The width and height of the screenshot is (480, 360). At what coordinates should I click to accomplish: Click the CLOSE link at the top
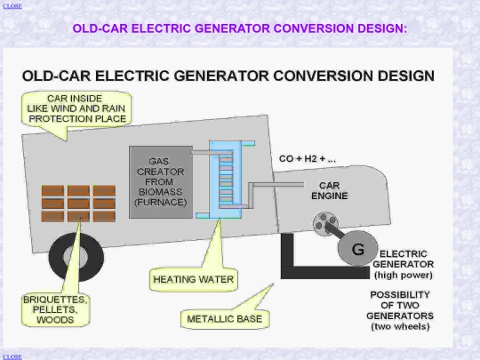click(12, 6)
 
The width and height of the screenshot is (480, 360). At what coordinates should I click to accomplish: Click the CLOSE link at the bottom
click(12, 356)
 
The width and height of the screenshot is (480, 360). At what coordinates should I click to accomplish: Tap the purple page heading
click(240, 28)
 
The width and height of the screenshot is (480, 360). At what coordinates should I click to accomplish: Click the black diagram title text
click(228, 76)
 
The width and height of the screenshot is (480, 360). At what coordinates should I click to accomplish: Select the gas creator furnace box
click(161, 182)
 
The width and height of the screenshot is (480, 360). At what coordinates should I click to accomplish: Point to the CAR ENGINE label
click(330, 190)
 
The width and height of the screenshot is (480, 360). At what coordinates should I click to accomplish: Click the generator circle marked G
click(357, 249)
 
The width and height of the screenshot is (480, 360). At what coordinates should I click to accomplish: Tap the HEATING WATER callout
click(194, 279)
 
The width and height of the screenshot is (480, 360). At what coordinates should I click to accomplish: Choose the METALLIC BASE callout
click(225, 319)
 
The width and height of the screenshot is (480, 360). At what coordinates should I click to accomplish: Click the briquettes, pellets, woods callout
click(55, 309)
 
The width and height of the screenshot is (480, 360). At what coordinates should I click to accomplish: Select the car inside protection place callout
click(76, 108)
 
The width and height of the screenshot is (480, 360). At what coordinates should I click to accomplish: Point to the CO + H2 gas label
click(308, 159)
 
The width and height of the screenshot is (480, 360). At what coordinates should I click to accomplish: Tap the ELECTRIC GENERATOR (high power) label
click(404, 265)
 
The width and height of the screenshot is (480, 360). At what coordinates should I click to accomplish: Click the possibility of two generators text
click(400, 311)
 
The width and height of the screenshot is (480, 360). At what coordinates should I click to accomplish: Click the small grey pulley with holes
click(325, 224)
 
